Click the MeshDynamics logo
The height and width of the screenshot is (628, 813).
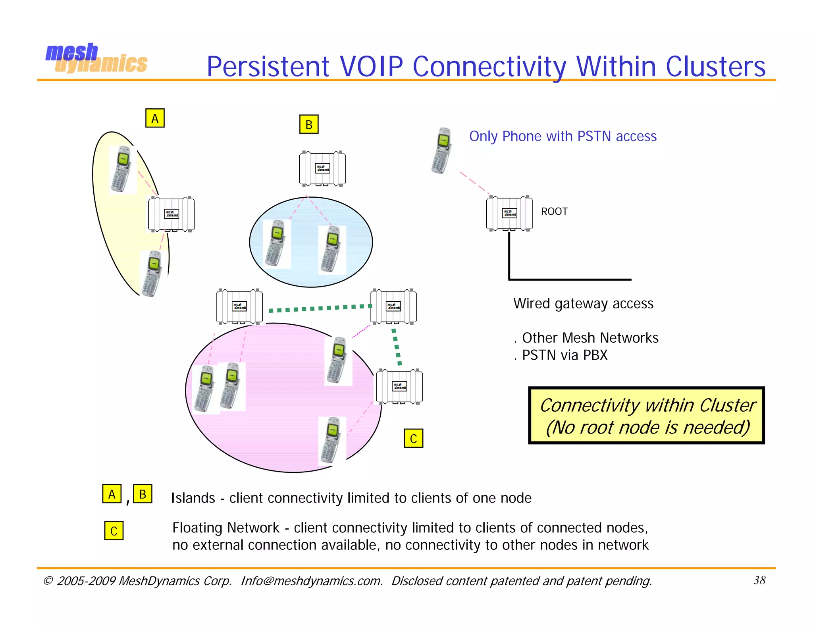[96, 58]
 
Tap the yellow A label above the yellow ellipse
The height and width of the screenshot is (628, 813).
[155, 118]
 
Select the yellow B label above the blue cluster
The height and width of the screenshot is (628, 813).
[308, 124]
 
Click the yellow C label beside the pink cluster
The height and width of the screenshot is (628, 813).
[413, 438]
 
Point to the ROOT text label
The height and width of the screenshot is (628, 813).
[554, 211]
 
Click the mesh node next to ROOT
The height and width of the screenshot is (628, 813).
[509, 213]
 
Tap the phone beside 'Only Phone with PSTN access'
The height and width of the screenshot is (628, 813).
[442, 151]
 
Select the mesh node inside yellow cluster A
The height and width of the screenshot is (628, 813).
[171, 214]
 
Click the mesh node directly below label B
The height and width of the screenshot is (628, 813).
[322, 168]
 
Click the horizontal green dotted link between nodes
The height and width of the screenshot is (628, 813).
[320, 308]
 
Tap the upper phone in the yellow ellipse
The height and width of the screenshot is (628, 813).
[122, 170]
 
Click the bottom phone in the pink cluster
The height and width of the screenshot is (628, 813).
[331, 440]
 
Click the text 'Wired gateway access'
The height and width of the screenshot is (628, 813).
[583, 304]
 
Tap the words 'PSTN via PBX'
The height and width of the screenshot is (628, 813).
[564, 355]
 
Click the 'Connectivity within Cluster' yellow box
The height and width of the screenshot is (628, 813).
[646, 415]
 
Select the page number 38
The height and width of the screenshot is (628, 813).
[759, 580]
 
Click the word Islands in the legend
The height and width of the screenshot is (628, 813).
[193, 498]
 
